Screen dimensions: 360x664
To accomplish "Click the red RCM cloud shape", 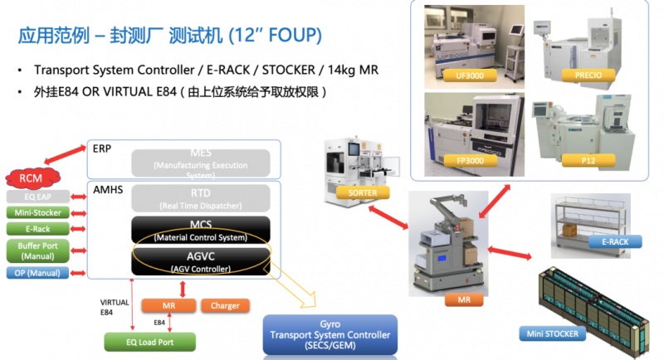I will [x=32, y=178].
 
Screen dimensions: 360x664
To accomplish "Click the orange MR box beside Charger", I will [x=168, y=305].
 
